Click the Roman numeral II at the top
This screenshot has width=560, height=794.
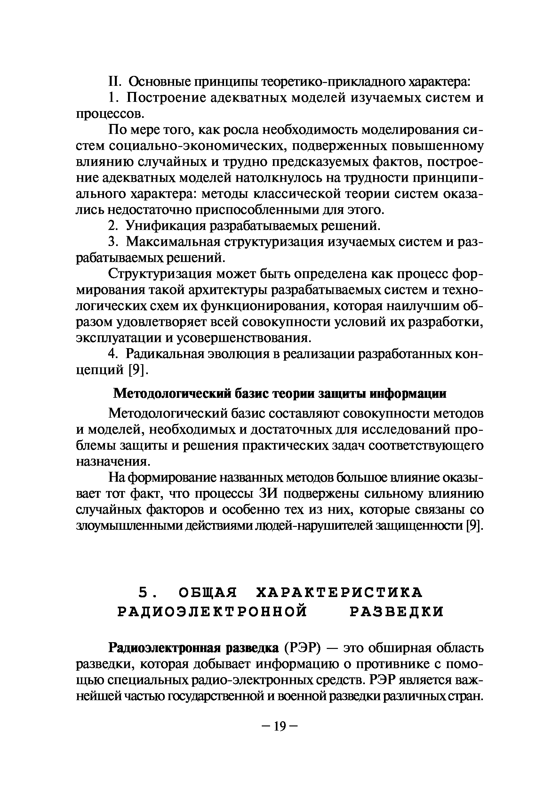pyautogui.click(x=114, y=82)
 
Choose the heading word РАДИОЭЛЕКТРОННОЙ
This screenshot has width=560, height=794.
pyautogui.click(x=212, y=612)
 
